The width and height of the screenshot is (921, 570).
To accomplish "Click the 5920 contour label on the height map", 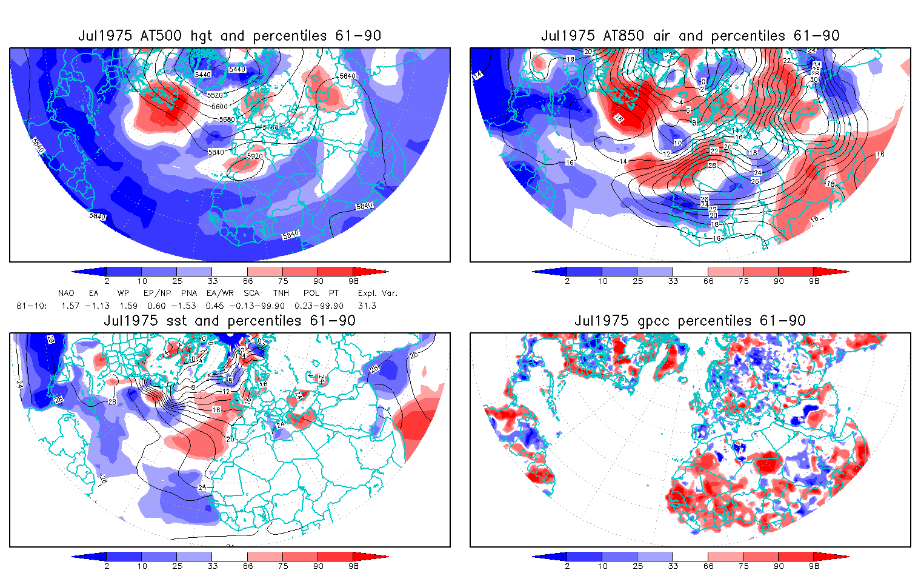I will pyautogui.click(x=255, y=156).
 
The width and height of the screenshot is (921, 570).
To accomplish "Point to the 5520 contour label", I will pyautogui.click(x=214, y=96).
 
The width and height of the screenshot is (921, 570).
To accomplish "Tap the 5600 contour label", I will pyautogui.click(x=220, y=107).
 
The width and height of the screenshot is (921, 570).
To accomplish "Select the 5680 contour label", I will pyautogui.click(x=227, y=120).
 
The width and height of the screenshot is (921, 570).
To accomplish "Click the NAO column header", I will pyautogui.click(x=66, y=293).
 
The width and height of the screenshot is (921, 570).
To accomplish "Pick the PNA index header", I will pyautogui.click(x=189, y=293).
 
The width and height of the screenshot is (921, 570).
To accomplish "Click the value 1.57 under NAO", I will pyautogui.click(x=70, y=306).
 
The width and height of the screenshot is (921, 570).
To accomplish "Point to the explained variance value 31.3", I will pyautogui.click(x=367, y=306).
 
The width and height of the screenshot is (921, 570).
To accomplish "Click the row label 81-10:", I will pyautogui.click(x=32, y=306).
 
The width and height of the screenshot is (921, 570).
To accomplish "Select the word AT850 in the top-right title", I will pyautogui.click(x=623, y=36).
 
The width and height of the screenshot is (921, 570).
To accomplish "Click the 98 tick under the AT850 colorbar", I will pyautogui.click(x=814, y=281).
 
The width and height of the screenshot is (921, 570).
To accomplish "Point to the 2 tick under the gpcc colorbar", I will pyautogui.click(x=567, y=566).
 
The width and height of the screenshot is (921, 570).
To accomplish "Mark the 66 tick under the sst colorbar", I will pyautogui.click(x=248, y=566).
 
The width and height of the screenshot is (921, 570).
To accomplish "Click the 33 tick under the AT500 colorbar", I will pyautogui.click(x=212, y=281).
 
